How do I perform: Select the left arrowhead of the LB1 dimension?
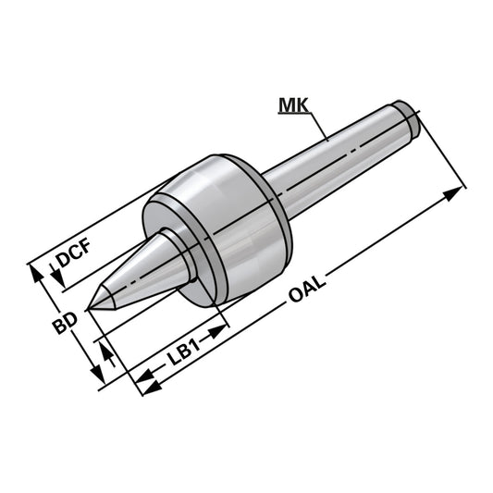point(145,378)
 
